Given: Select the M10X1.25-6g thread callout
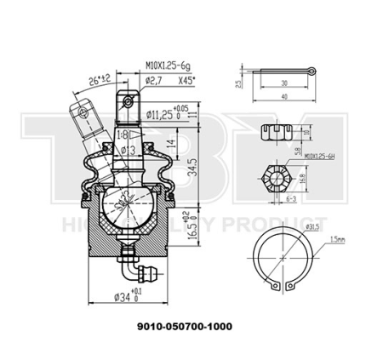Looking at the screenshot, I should (169, 64).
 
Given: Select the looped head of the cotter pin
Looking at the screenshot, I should (313, 70).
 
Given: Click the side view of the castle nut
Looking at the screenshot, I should (273, 133).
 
